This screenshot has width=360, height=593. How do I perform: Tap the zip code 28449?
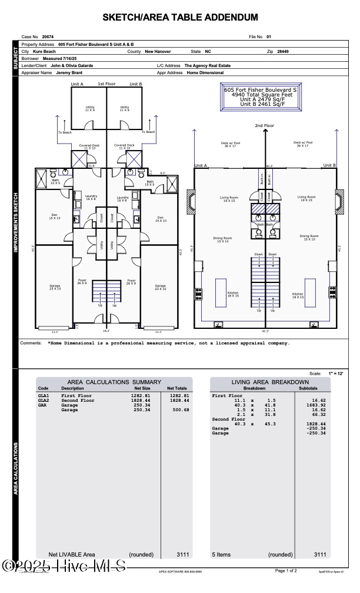(283, 51)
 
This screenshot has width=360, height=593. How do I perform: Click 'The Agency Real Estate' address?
(208, 66)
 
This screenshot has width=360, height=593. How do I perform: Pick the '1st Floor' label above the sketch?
(106, 84)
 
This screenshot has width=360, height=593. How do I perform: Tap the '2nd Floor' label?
(264, 126)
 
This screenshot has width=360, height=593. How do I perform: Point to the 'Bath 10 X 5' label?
(55, 182)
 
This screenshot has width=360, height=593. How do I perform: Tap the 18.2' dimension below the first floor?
(106, 331)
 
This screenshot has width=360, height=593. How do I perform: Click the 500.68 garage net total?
(179, 410)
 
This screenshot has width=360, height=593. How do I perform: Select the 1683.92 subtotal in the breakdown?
(315, 405)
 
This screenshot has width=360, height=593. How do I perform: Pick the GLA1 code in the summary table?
(44, 396)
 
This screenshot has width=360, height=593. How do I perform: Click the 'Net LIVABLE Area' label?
(71, 554)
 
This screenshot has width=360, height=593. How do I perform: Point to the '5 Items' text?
(222, 554)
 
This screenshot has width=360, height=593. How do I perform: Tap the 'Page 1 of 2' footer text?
(286, 571)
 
